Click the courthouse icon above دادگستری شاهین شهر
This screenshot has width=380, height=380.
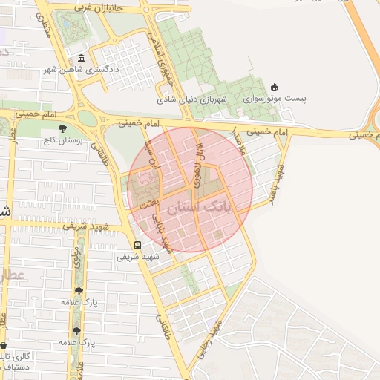click(x=81, y=59)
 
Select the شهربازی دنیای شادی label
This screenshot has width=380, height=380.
click(x=186, y=98)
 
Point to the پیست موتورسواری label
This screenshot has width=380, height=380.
click(x=275, y=98)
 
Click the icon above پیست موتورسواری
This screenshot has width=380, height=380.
click(x=275, y=86)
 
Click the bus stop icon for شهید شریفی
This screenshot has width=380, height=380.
click(x=137, y=245)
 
